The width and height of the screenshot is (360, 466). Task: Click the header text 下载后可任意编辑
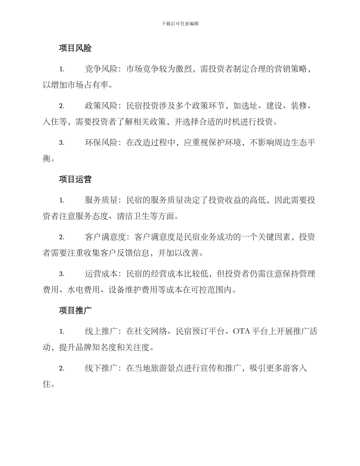180,23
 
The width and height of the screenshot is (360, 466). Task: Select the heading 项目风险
75,48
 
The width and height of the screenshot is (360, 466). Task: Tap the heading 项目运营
75,179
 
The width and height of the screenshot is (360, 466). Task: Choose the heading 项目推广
75,310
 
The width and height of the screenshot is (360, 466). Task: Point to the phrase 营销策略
291,69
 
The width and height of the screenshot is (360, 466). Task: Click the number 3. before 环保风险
62,143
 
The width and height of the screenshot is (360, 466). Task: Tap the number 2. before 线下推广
62,368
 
